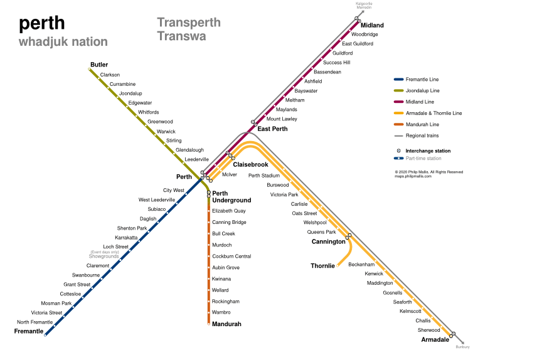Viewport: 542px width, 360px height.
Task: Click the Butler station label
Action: [99, 65]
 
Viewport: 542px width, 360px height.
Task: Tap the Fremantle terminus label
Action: [29, 331]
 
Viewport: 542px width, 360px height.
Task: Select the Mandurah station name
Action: [226, 324]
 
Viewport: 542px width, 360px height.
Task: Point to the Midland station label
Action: [372, 25]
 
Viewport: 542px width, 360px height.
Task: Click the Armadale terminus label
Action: [435, 339]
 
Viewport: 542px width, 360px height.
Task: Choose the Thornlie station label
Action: [322, 266]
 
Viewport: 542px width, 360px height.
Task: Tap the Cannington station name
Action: [328, 241]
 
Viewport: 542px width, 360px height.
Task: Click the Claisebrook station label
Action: [250, 164]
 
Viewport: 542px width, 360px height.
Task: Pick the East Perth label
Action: [272, 129]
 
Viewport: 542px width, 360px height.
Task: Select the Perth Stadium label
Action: [264, 176]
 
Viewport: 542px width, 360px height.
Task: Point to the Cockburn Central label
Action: [231, 257]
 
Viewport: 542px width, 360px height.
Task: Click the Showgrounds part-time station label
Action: [104, 257]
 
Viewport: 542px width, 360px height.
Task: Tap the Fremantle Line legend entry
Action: [416, 80]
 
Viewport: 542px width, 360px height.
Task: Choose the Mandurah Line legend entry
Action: [417, 124]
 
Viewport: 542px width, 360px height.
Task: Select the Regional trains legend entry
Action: [416, 135]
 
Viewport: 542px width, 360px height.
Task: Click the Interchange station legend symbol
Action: [398, 151]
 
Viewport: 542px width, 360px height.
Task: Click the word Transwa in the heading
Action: [181, 36]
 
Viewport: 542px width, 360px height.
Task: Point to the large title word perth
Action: [41, 23]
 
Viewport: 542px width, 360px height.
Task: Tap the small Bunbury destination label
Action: [462, 347]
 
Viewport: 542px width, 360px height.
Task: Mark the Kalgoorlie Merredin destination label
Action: [364, 6]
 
